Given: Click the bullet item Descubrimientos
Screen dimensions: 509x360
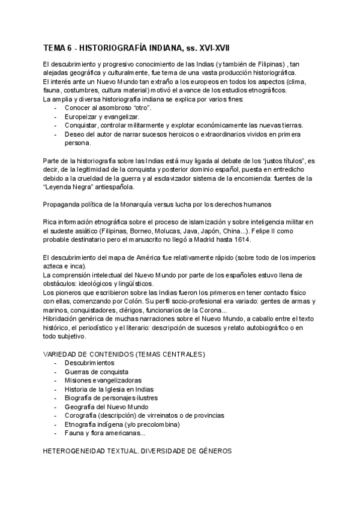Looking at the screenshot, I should (x=89, y=363).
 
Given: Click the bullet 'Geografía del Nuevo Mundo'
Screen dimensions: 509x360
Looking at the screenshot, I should (x=107, y=406).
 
